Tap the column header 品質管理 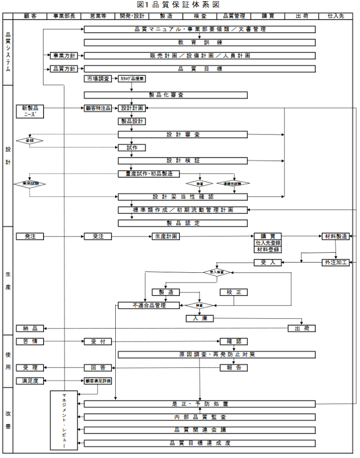[234, 16]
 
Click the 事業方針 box [64, 55]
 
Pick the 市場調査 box [98, 78]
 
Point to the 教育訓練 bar [199, 42]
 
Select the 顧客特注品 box [98, 108]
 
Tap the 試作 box [132, 148]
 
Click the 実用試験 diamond [30, 184]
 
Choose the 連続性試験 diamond [233, 184]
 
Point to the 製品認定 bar [182, 223]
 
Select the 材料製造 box [335, 236]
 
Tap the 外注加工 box [335, 263]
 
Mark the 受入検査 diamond [217, 272]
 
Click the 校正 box [233, 292]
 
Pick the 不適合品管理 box [149, 305]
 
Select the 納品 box [30, 328]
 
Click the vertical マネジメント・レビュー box [64, 421]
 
